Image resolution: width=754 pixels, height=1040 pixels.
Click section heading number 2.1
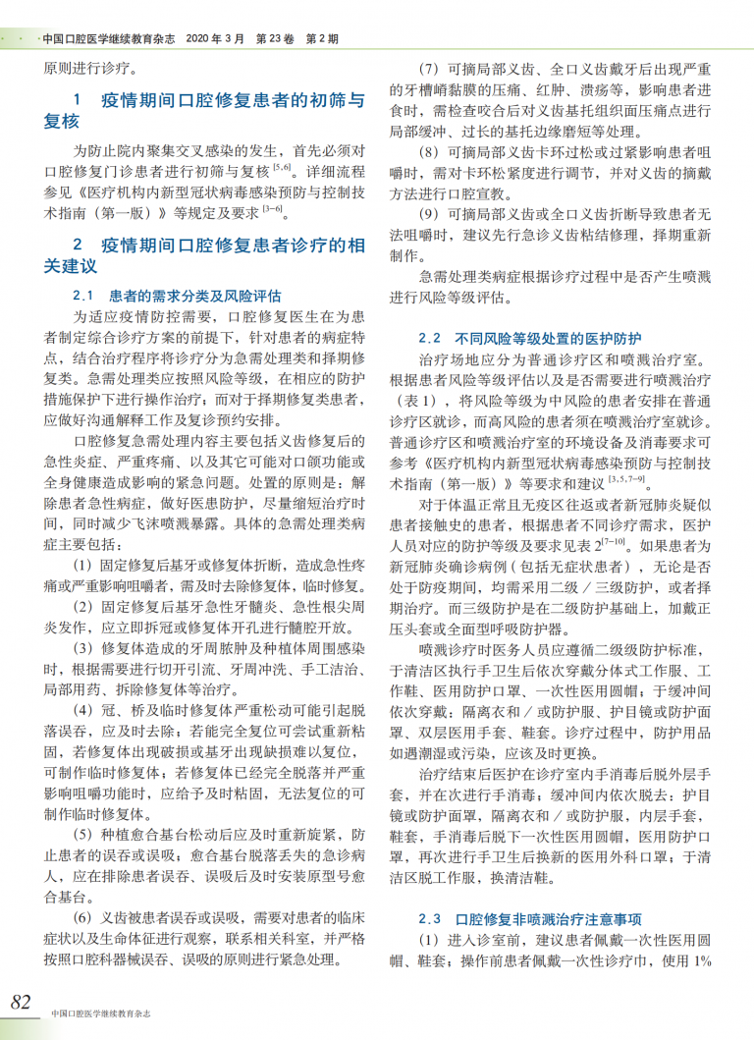coord(83,296)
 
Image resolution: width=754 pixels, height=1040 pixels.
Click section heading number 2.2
coord(429,337)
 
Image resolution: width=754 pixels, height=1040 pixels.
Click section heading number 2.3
coord(429,919)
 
